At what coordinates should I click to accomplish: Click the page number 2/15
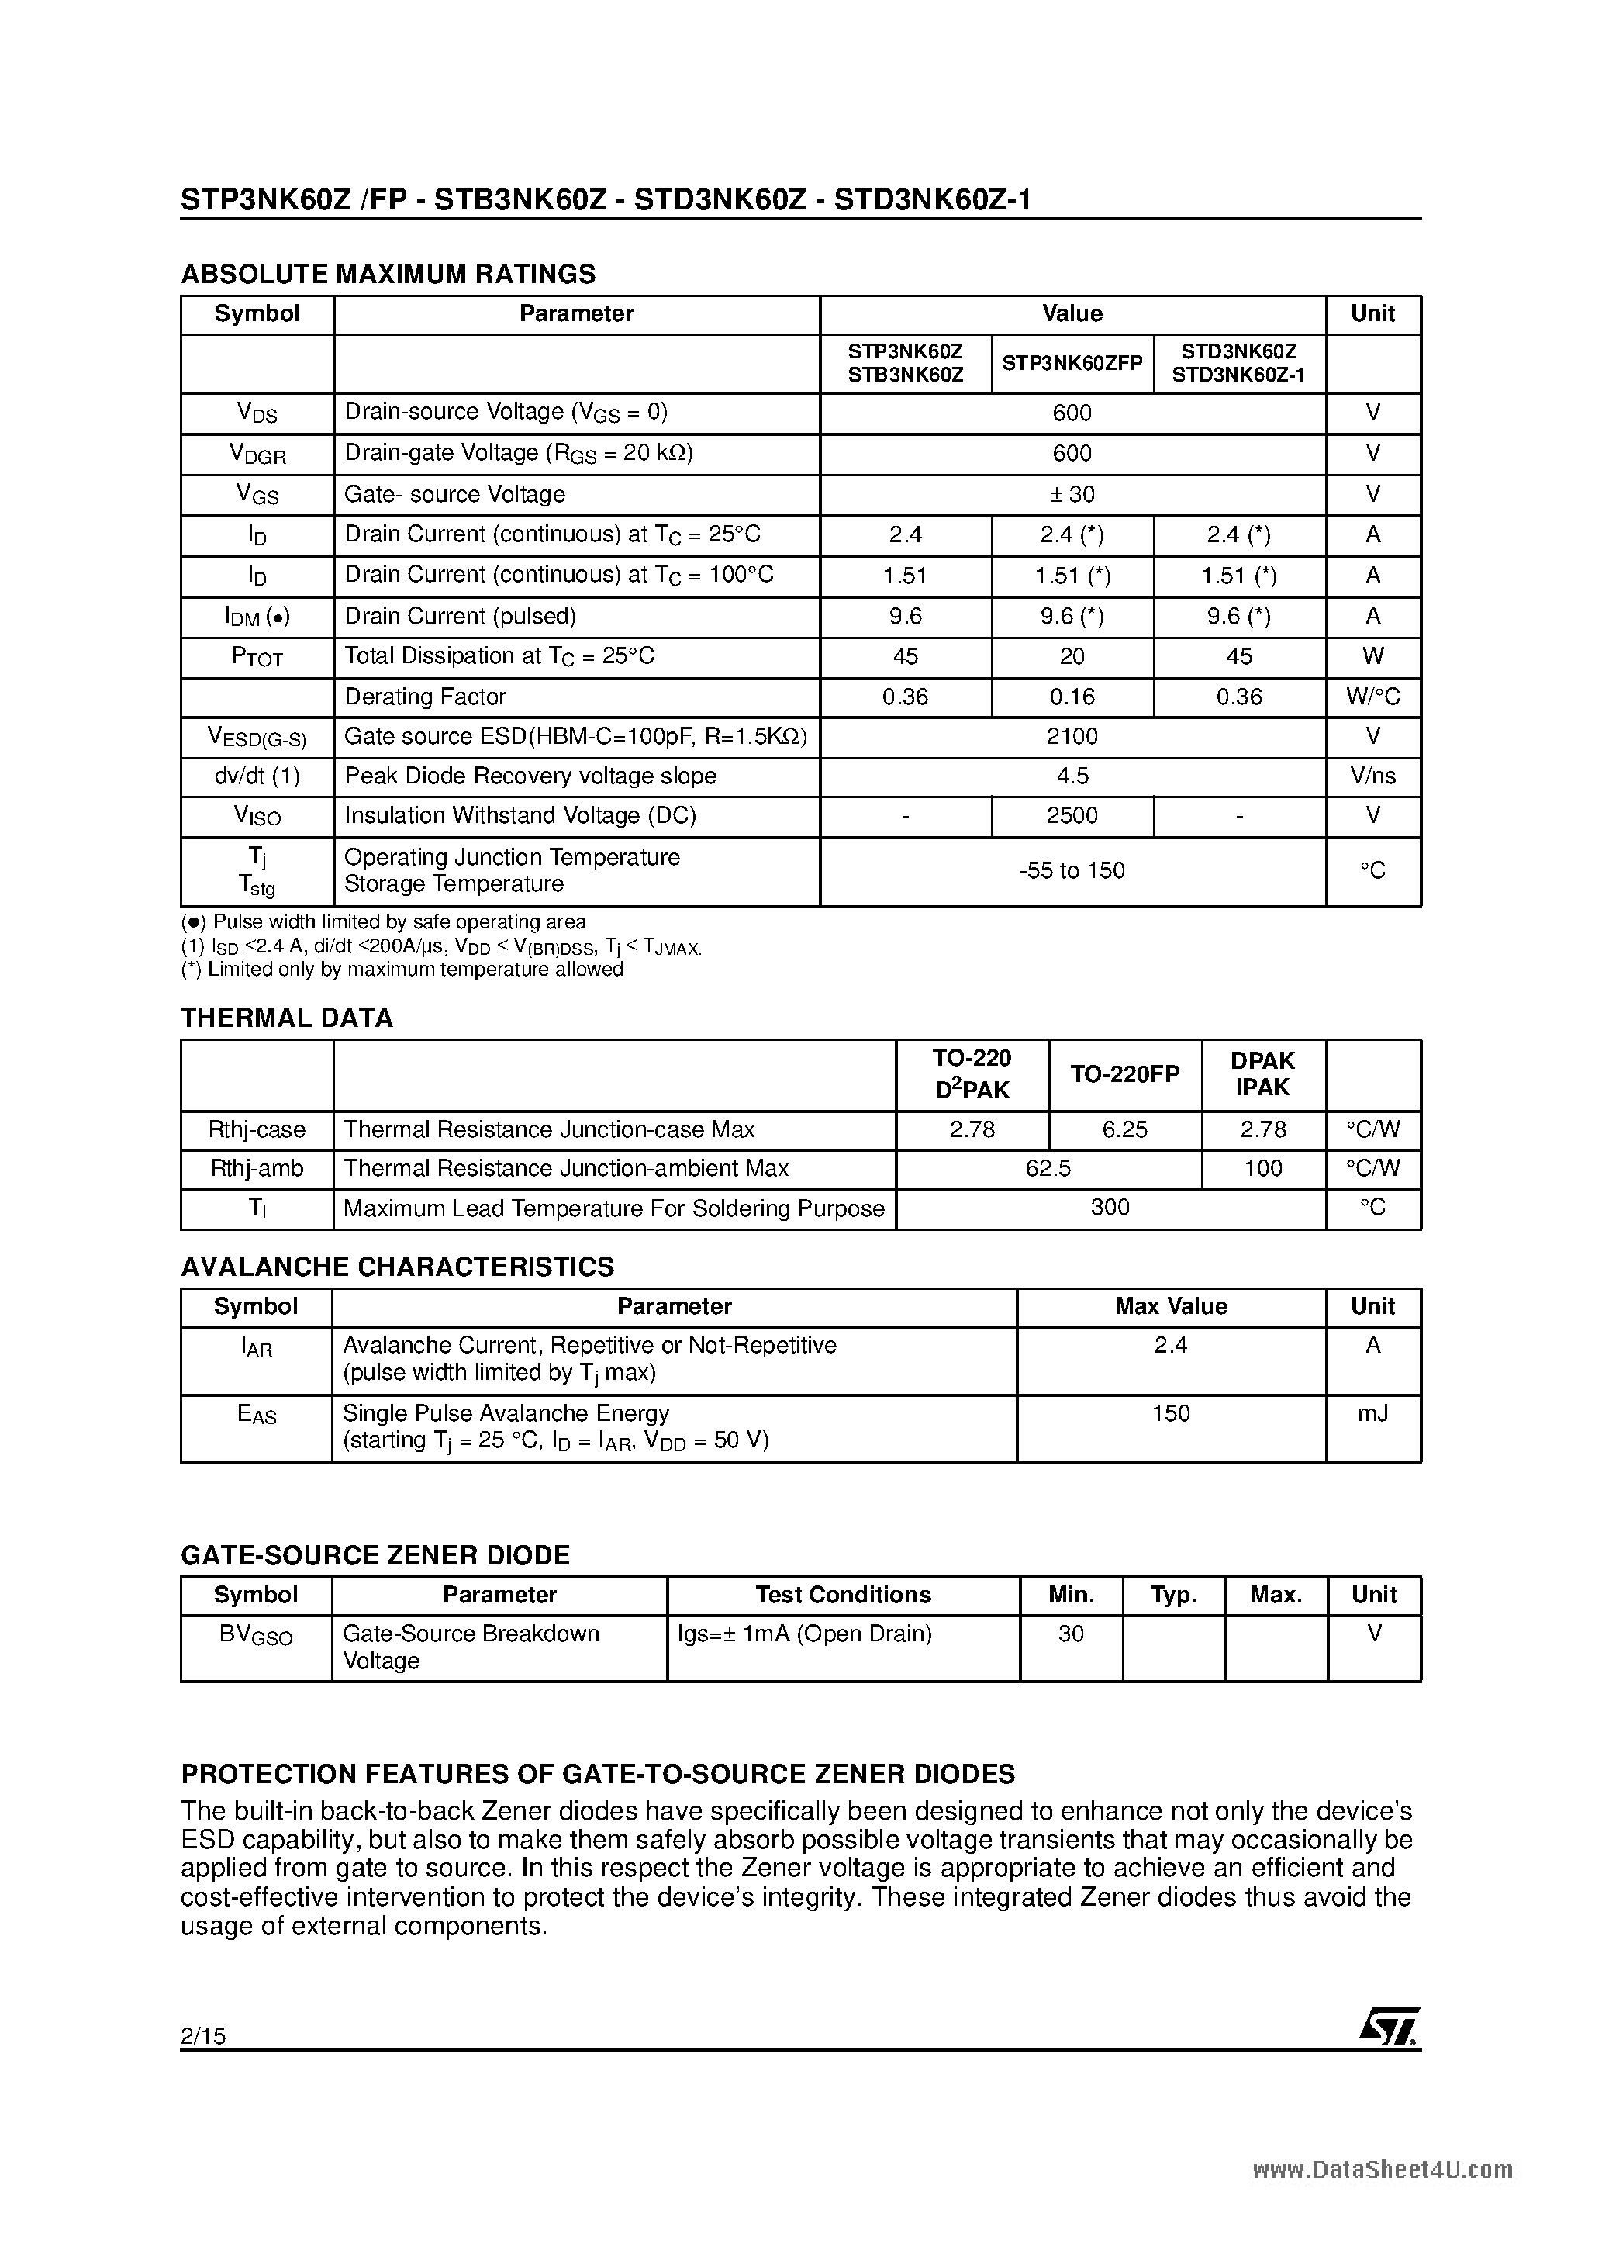point(202,2035)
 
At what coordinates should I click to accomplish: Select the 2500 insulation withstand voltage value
point(1072,816)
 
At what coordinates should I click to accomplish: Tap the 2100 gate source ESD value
point(1072,736)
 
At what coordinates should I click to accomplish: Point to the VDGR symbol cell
point(257,454)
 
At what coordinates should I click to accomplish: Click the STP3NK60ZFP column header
point(1072,364)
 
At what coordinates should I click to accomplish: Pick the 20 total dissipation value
point(1072,656)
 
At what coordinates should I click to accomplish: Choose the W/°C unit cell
point(1372,697)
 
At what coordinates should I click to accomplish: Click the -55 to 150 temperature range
point(1072,870)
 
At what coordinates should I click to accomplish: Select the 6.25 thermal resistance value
point(1124,1129)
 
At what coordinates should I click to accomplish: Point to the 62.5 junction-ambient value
point(1047,1169)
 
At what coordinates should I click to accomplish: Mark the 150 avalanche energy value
point(1170,1413)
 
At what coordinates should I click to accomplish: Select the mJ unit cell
point(1372,1413)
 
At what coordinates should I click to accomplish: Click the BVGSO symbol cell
point(256,1635)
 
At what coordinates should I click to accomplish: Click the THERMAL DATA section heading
point(286,1018)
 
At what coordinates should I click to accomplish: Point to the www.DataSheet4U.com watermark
point(1382,2169)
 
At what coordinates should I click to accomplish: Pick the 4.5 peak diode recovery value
point(1072,776)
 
